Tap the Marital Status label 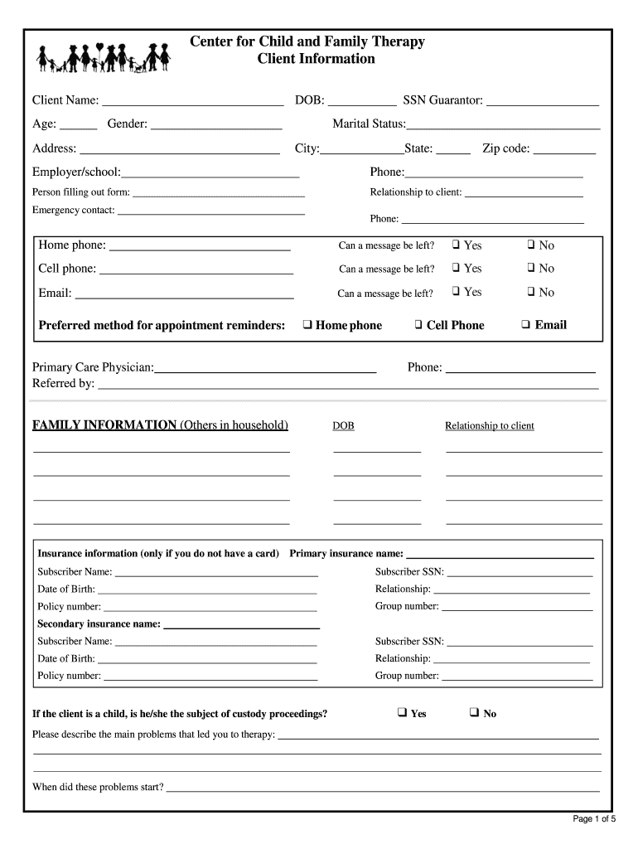pos(369,124)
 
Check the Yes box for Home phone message pos(456,245)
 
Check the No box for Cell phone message pos(531,268)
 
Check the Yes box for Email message pos(456,291)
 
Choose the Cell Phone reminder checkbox pos(419,325)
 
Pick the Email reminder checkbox pos(526,325)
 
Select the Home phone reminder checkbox pos(307,325)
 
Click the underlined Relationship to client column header pos(489,426)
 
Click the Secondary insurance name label pos(99,623)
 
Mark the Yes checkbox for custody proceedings pos(402,712)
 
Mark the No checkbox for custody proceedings pos(474,712)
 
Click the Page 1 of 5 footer pos(594,819)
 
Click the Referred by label pos(63,384)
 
